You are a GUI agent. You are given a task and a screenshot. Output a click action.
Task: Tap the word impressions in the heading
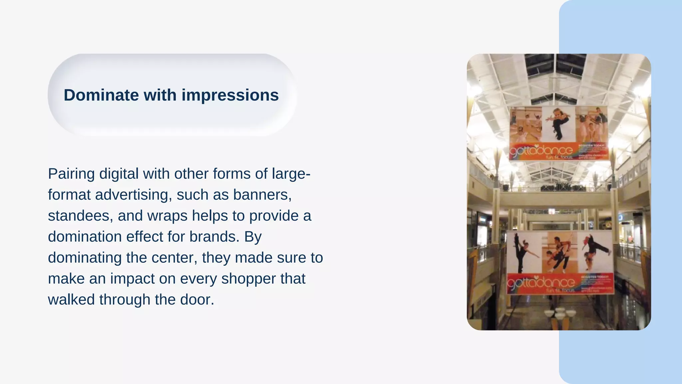point(230,95)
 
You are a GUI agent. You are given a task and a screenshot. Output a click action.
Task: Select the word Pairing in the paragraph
point(71,174)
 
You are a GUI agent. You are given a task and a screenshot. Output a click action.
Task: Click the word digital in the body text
point(119,174)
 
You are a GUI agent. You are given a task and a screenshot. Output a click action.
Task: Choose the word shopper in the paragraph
point(248,279)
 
